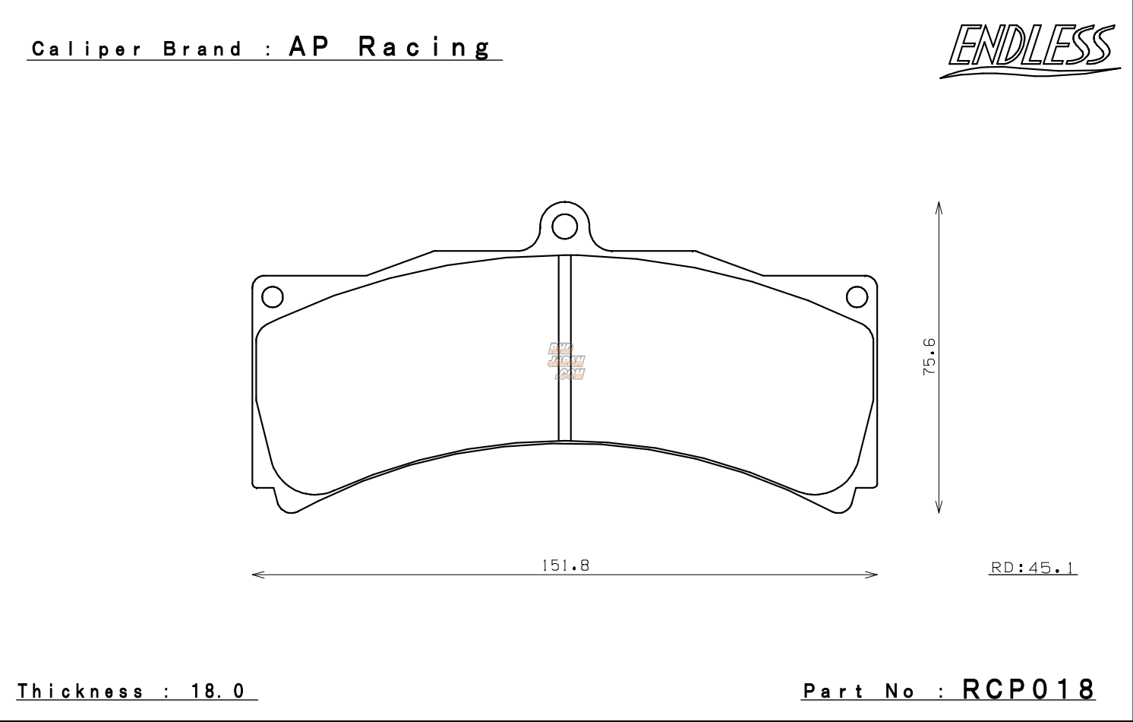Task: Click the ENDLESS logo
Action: click(x=1030, y=49)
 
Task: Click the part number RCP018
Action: click(x=1029, y=689)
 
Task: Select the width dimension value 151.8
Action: click(x=565, y=565)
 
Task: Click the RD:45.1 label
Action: click(x=1034, y=568)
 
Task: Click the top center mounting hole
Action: click(x=564, y=226)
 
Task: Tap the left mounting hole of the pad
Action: click(x=272, y=296)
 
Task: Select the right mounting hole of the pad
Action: click(x=857, y=296)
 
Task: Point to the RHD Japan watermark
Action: click(x=566, y=360)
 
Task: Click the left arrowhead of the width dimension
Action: click(x=256, y=575)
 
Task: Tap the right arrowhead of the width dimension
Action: click(x=874, y=575)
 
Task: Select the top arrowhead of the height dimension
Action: click(x=939, y=206)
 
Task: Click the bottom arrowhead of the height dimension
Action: click(x=939, y=509)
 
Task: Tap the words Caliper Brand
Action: click(x=137, y=50)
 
